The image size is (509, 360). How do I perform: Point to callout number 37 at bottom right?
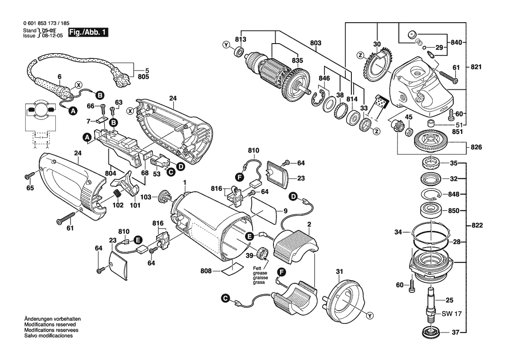pyautogui.click(x=455, y=333)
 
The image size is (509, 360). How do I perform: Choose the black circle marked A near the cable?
pyautogui.click(x=73, y=111)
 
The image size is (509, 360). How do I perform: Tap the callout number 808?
pyautogui.click(x=206, y=271)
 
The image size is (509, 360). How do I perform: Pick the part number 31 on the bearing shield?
pyautogui.click(x=340, y=273)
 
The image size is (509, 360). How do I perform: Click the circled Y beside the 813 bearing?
pyautogui.click(x=226, y=45)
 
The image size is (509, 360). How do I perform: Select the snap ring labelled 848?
pyautogui.click(x=431, y=194)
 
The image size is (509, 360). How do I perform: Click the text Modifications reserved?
pyautogui.click(x=50, y=325)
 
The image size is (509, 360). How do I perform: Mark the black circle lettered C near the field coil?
pyautogui.click(x=225, y=299)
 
